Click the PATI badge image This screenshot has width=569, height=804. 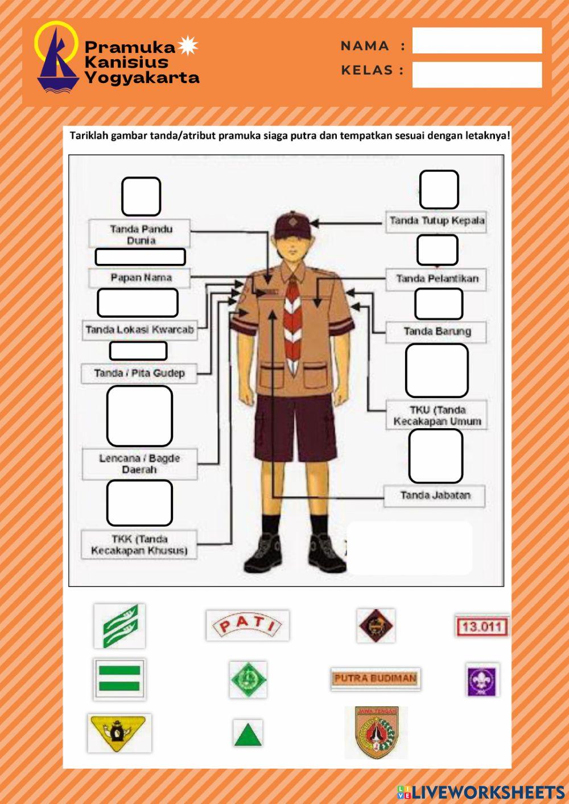click(248, 625)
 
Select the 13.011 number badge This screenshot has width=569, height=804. click(481, 627)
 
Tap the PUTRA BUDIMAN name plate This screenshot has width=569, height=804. click(376, 678)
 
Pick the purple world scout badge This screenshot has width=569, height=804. click(482, 680)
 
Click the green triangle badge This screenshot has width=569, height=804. click(248, 733)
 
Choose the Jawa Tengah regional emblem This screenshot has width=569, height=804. click(376, 732)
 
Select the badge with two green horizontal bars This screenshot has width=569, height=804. click(119, 679)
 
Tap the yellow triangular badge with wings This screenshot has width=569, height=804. click(119, 732)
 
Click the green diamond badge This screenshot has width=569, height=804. click(248, 679)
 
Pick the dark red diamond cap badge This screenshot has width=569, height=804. click(376, 625)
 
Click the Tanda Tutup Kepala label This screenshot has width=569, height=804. click(437, 221)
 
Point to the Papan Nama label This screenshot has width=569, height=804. click(141, 278)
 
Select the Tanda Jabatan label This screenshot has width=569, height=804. click(435, 496)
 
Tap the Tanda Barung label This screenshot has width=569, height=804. click(437, 331)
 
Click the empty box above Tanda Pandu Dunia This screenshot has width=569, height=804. click(141, 197)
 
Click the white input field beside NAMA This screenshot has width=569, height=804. click(477, 40)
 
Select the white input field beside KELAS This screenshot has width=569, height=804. click(477, 74)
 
